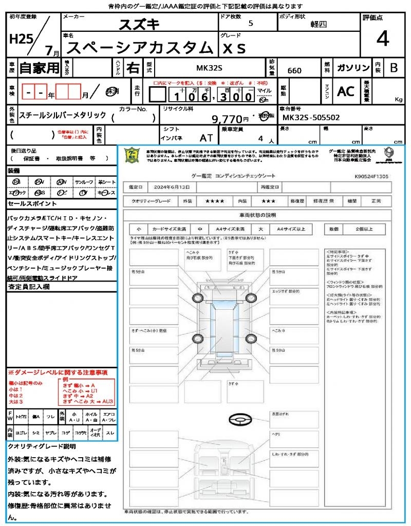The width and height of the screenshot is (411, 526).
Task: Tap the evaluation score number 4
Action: pos(382,39)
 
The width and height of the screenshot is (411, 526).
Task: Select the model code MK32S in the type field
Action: pos(210,67)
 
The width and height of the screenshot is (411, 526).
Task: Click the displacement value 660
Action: pos(294,70)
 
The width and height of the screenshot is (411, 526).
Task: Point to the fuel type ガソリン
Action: pos(352,68)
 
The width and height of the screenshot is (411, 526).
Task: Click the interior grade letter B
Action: pos(394,68)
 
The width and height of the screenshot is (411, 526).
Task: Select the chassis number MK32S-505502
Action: pos(310,118)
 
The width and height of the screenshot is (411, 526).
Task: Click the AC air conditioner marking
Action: pos(346,91)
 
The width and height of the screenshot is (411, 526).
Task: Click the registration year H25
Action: pos(20,39)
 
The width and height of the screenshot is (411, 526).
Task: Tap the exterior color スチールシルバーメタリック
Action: pos(63,116)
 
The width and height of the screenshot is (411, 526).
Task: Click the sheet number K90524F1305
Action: pos(371,176)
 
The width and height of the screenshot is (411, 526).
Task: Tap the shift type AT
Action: pos(207,138)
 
